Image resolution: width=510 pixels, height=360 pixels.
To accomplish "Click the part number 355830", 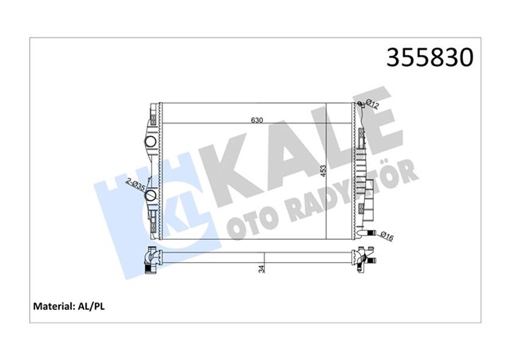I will pos(430,57).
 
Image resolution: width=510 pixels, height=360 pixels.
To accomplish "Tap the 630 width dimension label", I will pos(257,120).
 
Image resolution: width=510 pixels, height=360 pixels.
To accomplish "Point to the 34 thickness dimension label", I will pos(261,269).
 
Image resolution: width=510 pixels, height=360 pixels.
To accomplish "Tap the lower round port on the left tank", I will pos(151,213).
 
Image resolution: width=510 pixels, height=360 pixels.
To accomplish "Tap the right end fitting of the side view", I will pos(366,258).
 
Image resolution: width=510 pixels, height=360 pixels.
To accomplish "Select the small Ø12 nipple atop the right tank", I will pos(360,104).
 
